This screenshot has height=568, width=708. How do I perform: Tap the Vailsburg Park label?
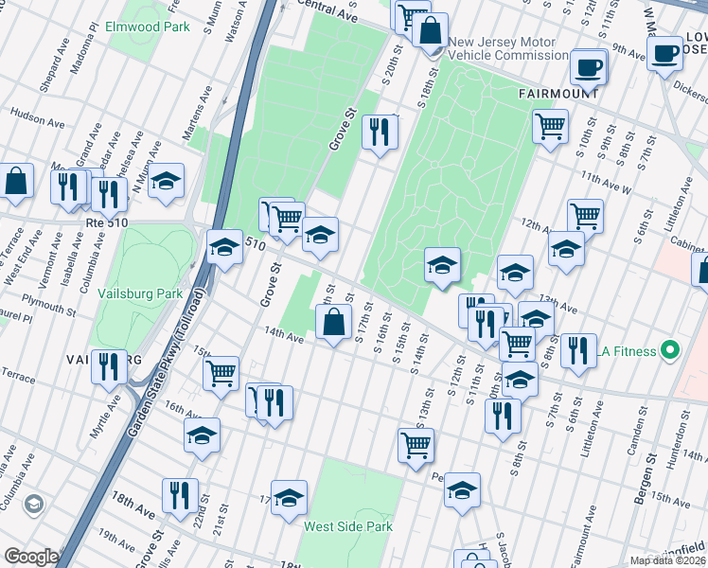140,293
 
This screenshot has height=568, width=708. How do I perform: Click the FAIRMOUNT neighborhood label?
558,95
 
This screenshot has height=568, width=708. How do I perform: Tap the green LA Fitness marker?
671,351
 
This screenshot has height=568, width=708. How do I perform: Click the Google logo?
30,557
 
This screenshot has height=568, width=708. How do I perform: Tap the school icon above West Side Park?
290,497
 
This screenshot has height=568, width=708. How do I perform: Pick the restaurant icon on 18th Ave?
179,494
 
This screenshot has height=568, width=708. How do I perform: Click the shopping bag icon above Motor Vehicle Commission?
431,28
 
